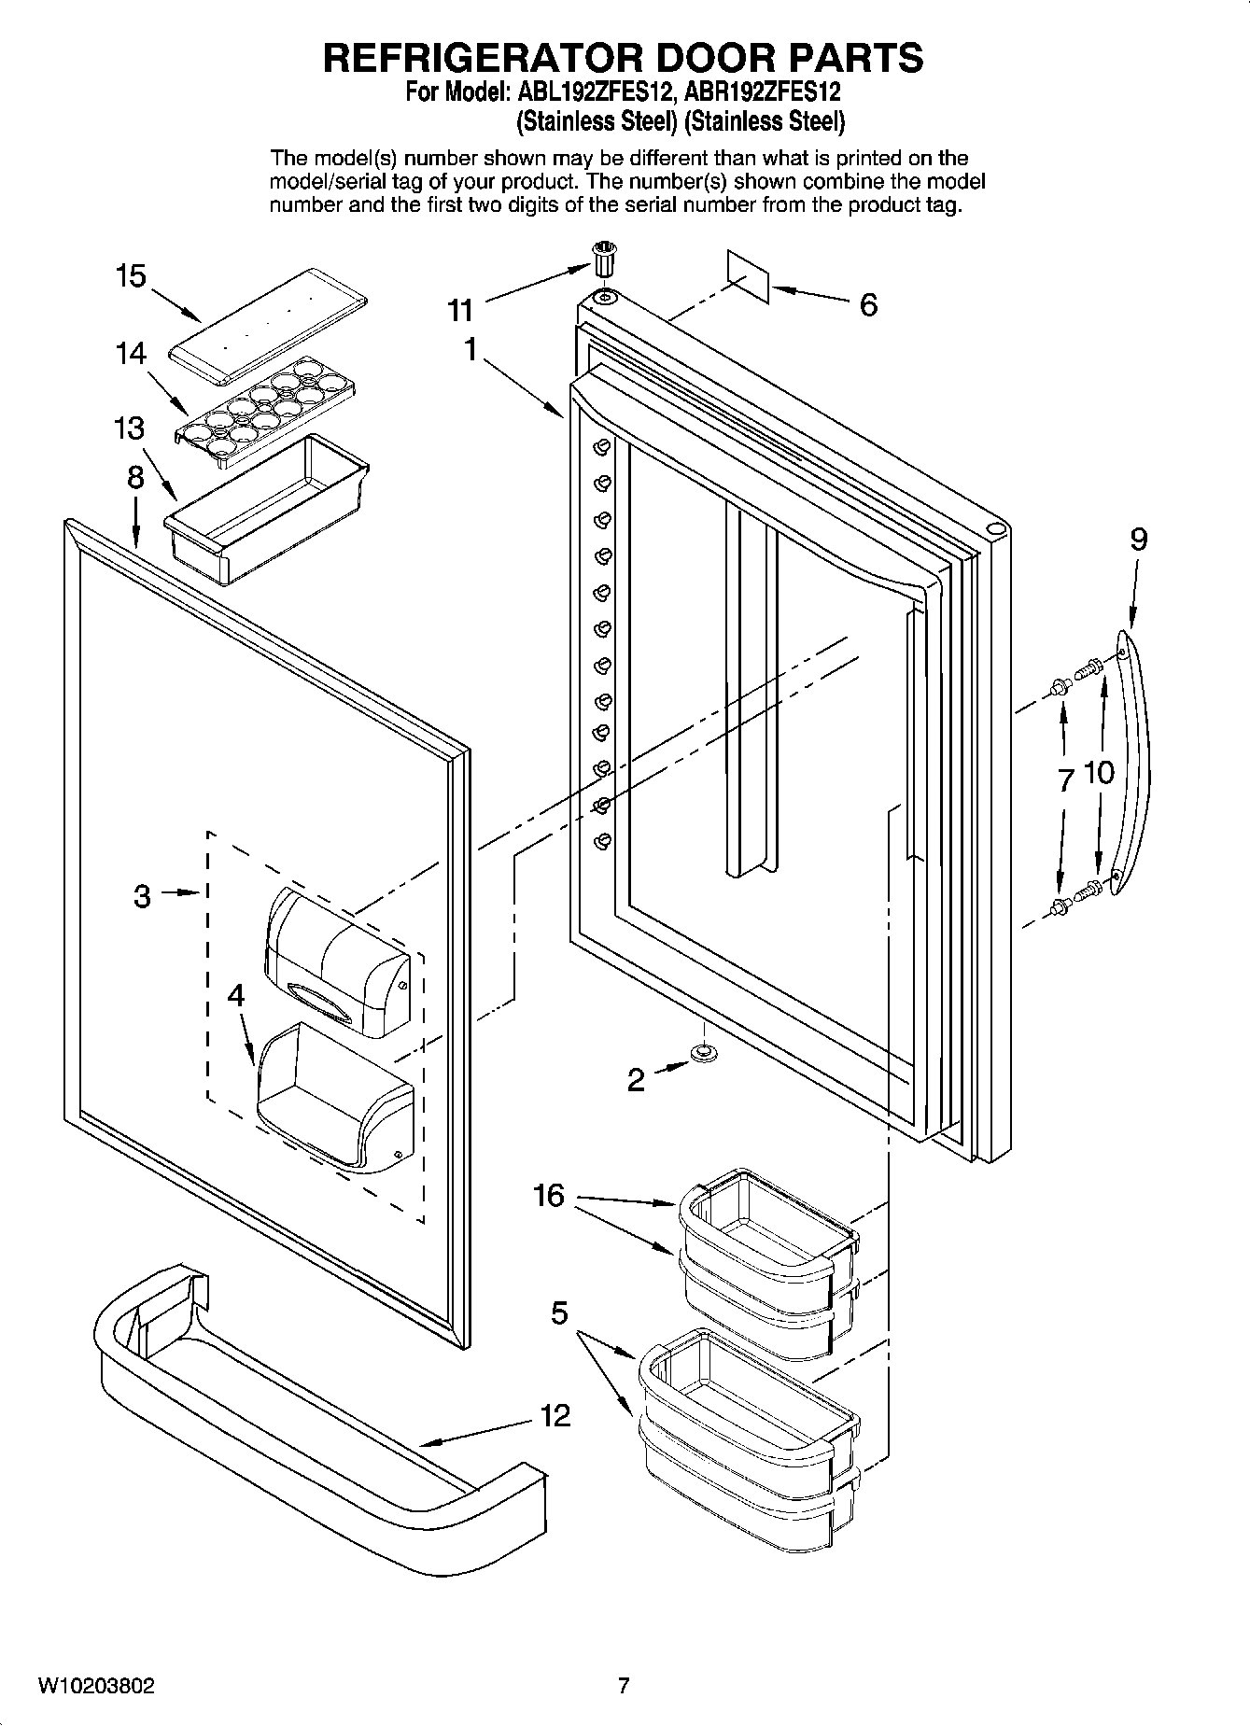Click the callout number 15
(131, 276)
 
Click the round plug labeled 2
(702, 1053)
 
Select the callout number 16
(549, 1195)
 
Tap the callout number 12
(555, 1416)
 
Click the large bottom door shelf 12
(308, 1400)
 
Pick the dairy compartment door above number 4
(338, 964)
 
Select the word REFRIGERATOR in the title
(485, 58)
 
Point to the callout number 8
(136, 478)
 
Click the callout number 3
(141, 896)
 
